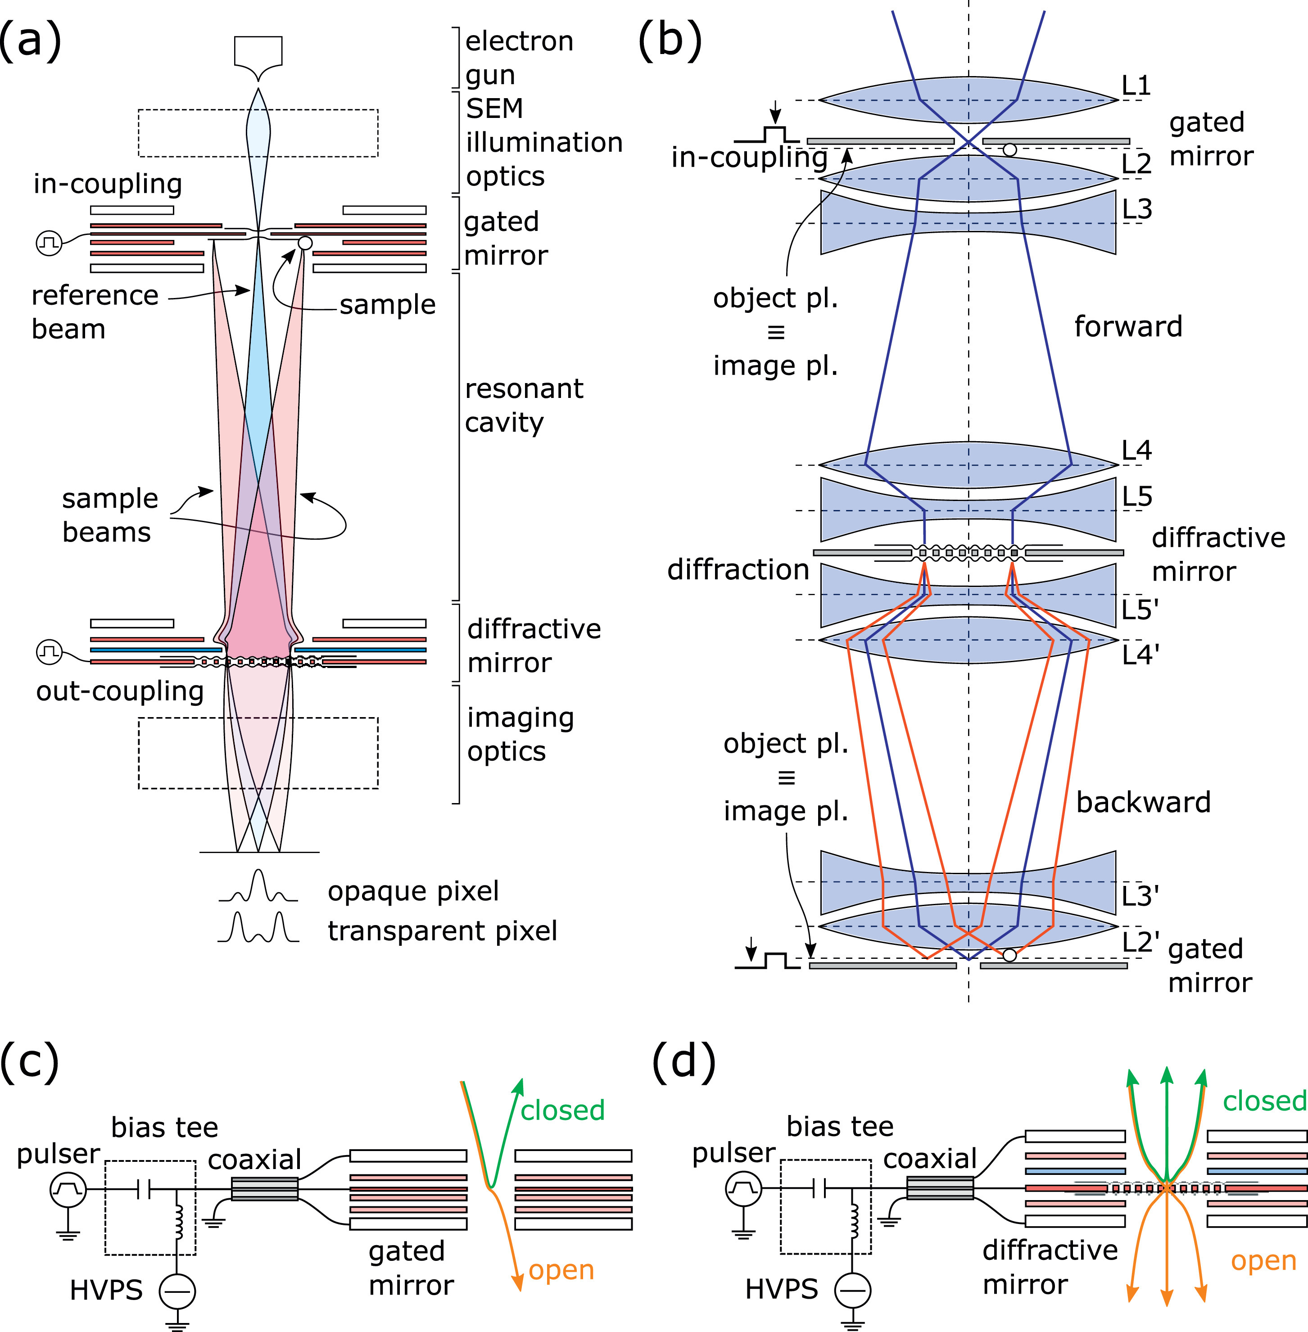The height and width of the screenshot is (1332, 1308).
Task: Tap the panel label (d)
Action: [683, 1061]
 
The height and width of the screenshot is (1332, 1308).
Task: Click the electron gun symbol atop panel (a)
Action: [258, 59]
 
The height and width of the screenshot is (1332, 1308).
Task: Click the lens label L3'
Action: [1141, 896]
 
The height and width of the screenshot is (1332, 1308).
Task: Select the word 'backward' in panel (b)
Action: [1143, 802]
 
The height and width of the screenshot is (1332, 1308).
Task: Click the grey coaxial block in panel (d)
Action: [940, 1188]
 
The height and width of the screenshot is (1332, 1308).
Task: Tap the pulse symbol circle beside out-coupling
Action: [49, 651]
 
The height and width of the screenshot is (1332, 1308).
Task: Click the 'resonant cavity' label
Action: [524, 405]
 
